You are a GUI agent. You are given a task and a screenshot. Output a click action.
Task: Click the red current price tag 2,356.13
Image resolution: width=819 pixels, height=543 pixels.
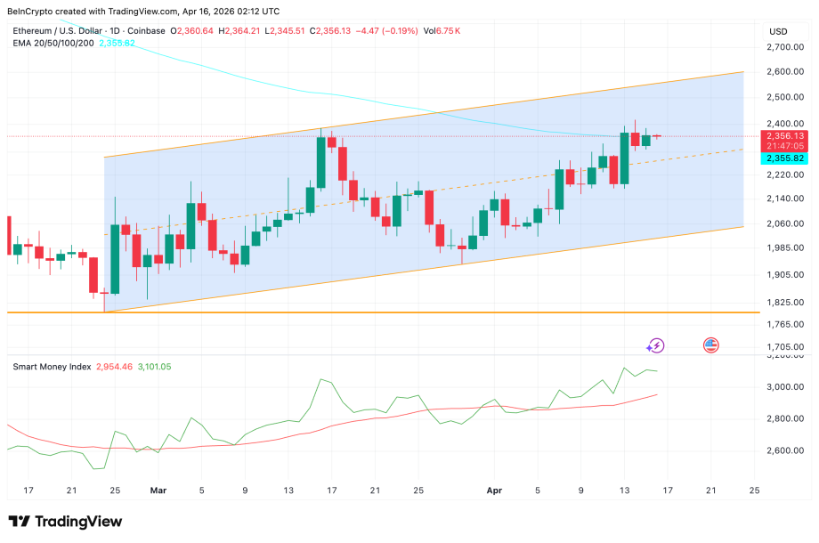pyautogui.click(x=782, y=136)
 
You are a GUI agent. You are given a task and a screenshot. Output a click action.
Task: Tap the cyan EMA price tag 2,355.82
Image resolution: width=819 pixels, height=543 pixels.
pyautogui.click(x=782, y=158)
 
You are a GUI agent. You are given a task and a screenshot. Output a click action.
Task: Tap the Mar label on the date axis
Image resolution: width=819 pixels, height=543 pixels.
pyautogui.click(x=158, y=490)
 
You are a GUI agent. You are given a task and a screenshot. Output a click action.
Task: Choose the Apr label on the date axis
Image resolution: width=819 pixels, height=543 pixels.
pyautogui.click(x=494, y=490)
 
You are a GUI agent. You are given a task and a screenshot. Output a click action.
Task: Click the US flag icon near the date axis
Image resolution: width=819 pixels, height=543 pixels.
pyautogui.click(x=710, y=344)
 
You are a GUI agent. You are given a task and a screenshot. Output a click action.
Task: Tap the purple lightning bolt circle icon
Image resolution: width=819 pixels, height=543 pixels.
pyautogui.click(x=656, y=345)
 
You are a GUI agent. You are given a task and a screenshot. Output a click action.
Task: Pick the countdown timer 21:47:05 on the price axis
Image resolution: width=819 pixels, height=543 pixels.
pyautogui.click(x=782, y=145)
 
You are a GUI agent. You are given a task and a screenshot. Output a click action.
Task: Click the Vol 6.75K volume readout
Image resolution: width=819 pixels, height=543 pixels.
pyautogui.click(x=440, y=31)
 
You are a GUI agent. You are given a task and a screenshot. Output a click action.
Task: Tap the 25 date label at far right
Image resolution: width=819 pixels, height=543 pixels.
pyautogui.click(x=754, y=490)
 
